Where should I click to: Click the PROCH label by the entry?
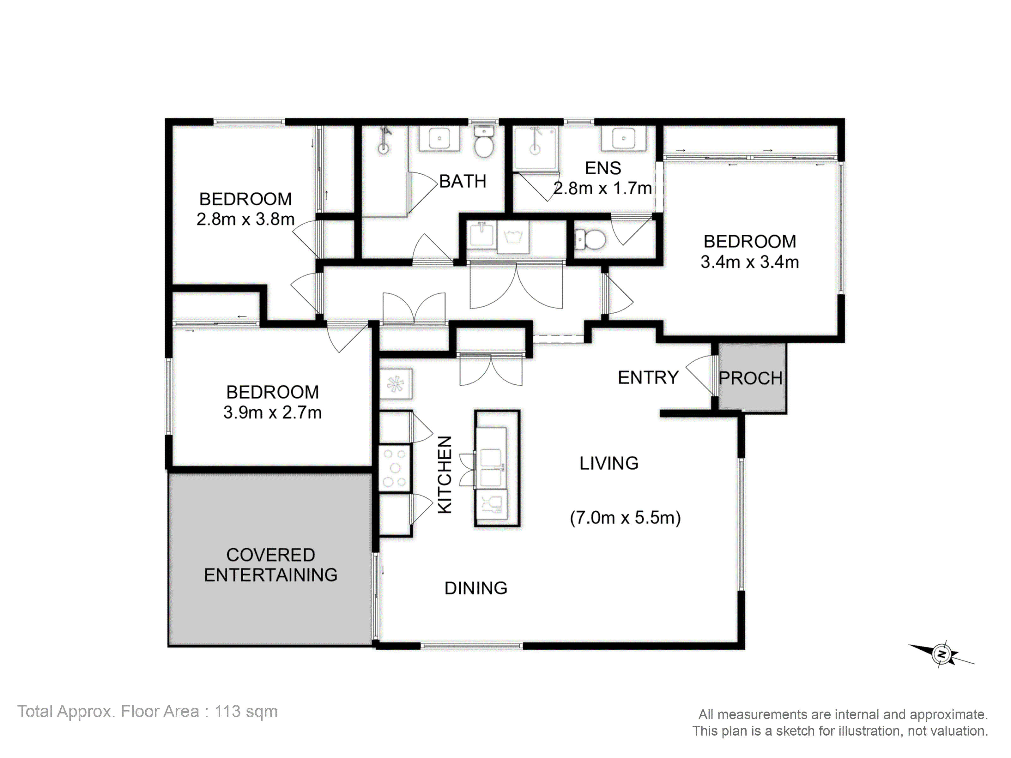coord(750,378)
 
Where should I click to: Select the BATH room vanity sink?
coord(439,138)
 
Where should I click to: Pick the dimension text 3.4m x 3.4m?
coord(750,262)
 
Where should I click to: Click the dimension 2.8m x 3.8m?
coord(245,219)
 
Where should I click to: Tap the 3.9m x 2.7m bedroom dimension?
coord(272,412)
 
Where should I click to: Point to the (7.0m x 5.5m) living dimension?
coord(625,518)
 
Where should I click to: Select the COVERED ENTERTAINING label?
coord(270,565)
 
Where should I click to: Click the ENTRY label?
coord(648,378)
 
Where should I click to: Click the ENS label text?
coord(603,168)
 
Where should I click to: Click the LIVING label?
coord(609,463)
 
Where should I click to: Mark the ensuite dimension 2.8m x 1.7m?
coord(603,188)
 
